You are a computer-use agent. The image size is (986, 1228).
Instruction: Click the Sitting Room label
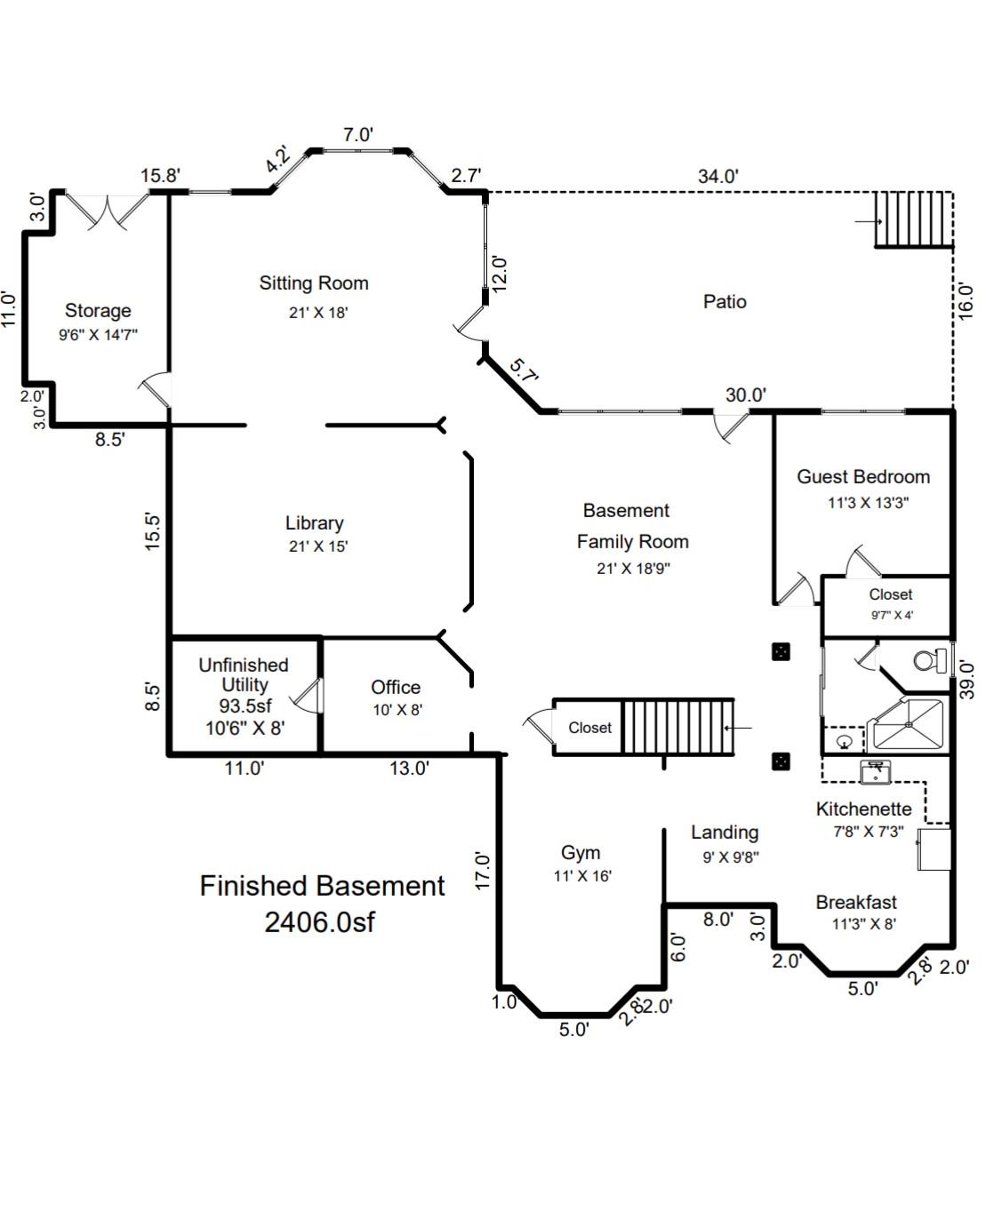[314, 283]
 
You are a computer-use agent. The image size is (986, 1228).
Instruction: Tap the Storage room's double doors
[109, 211]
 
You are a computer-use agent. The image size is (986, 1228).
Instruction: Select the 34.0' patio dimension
[717, 176]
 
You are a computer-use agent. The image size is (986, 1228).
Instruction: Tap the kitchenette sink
[876, 771]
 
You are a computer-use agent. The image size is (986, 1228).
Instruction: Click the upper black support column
[781, 652]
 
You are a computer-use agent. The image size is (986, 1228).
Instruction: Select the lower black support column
[781, 762]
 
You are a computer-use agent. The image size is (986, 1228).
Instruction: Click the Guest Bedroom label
[862, 477]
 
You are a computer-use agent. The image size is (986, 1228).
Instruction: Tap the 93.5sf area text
[244, 706]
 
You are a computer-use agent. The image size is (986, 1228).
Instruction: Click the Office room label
[396, 688]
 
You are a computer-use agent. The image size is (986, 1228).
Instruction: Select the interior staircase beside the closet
[677, 727]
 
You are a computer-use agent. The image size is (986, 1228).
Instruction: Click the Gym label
[581, 853]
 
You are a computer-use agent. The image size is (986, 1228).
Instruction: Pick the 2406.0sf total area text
[319, 922]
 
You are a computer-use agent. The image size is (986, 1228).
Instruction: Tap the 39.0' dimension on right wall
[968, 680]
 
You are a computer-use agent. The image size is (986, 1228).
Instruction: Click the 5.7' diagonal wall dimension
[525, 371]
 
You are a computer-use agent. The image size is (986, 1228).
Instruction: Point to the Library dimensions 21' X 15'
[317, 546]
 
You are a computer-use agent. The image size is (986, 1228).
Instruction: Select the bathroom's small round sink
[844, 740]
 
